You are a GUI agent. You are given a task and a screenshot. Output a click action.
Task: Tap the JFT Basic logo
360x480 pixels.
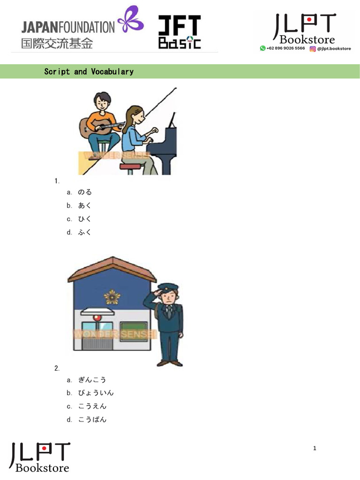pyautogui.click(x=180, y=32)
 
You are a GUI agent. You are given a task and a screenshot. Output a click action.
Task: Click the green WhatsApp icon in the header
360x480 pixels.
pyautogui.click(x=263, y=48)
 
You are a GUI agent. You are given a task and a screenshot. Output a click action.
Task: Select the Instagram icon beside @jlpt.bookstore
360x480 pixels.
pyautogui.click(x=313, y=48)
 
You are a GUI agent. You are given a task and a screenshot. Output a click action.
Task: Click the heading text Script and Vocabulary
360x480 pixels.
pyautogui.click(x=89, y=72)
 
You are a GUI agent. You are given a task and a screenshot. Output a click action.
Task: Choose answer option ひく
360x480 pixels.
pyautogui.click(x=85, y=219)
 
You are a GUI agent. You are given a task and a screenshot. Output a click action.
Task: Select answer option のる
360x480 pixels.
pyautogui.click(x=85, y=192)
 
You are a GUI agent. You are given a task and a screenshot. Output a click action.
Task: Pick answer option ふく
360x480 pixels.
pyautogui.click(x=85, y=232)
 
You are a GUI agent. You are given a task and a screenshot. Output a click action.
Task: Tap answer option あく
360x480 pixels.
pyautogui.click(x=85, y=205)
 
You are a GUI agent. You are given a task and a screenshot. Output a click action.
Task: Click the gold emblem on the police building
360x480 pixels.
pyautogui.click(x=112, y=296)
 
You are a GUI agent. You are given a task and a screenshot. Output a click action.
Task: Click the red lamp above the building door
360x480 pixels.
pyautogui.click(x=97, y=317)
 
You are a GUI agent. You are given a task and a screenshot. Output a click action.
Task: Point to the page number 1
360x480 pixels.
pyautogui.click(x=315, y=449)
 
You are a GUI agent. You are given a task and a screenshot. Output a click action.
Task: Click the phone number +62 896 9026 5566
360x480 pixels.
pyautogui.click(x=285, y=48)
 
